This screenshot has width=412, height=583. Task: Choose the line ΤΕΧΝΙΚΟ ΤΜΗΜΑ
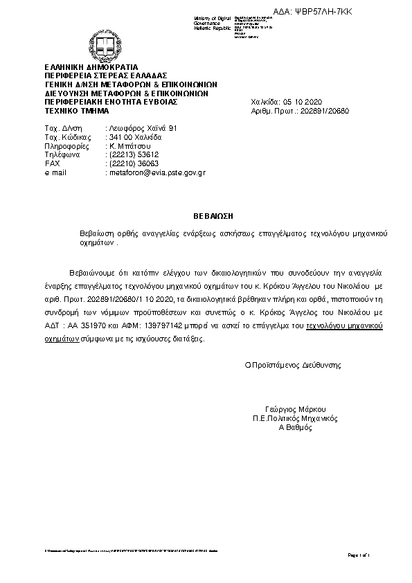(x=77, y=110)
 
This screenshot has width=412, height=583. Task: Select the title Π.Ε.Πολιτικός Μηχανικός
(x=294, y=418)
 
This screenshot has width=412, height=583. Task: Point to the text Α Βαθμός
(x=295, y=427)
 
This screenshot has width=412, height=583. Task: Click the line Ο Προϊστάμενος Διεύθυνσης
(x=293, y=364)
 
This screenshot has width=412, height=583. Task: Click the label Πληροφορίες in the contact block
(x=66, y=146)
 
